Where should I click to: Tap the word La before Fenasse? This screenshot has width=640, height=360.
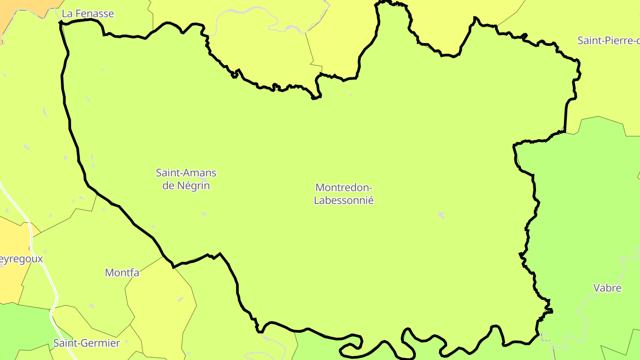(68, 14)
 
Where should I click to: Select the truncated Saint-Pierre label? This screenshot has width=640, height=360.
(608, 40)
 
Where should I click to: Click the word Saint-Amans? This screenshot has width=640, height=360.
(186, 172)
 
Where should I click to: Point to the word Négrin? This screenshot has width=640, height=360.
(193, 185)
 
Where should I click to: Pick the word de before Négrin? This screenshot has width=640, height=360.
(168, 185)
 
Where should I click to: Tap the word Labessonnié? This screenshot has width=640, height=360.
(344, 200)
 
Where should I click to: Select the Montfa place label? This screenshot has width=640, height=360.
(122, 272)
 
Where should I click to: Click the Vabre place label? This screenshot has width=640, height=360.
(607, 288)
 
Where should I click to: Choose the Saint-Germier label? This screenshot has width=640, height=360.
(87, 343)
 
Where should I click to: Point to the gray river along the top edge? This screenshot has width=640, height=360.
(249, 13)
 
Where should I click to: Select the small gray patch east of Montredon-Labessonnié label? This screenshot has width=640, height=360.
(441, 215)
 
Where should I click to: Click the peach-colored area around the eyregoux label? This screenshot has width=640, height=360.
(11, 280)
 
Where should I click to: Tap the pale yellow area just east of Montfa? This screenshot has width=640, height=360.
(160, 298)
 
